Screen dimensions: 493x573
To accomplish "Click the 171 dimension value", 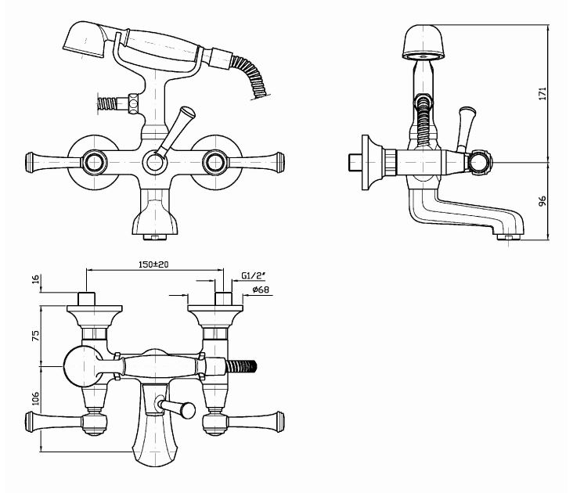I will [541, 92].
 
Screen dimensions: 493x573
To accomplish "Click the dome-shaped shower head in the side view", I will [426, 43].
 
